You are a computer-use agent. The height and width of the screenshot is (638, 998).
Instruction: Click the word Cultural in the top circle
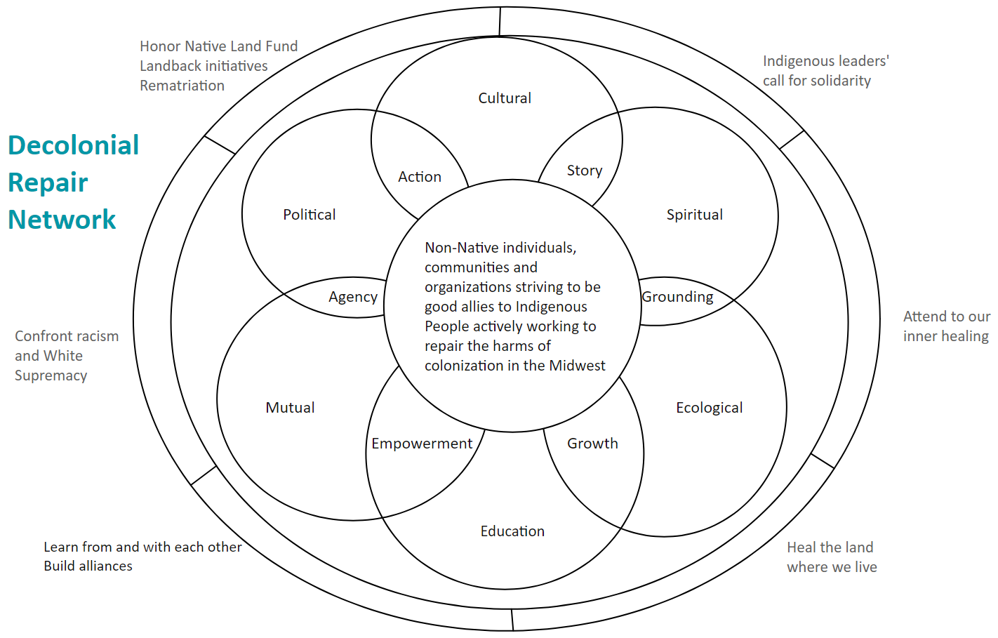[505, 98]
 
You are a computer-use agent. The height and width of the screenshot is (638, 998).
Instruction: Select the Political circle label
[309, 215]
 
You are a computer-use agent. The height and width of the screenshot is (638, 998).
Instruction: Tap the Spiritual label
[694, 215]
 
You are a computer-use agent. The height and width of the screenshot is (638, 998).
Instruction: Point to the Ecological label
[709, 408]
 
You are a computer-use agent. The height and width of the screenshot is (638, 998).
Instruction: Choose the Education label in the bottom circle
[512, 531]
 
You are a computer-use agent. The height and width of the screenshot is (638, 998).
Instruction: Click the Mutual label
[290, 408]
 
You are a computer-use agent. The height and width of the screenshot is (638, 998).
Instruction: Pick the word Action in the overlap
[420, 177]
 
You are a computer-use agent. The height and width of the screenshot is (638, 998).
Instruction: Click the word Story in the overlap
[585, 171]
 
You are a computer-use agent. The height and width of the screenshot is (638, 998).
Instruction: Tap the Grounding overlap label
[677, 297]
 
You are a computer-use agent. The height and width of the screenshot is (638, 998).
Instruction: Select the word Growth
[592, 444]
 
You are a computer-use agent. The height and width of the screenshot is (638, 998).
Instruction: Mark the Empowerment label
[422, 444]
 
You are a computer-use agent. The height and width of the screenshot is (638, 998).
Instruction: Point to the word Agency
[353, 297]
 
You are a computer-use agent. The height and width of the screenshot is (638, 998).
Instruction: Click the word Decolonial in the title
[74, 145]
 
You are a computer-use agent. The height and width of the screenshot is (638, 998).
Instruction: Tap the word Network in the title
[62, 220]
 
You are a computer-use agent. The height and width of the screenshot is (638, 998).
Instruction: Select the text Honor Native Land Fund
[218, 46]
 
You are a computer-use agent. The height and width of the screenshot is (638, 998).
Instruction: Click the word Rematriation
[182, 86]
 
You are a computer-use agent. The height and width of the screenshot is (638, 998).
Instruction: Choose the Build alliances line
[88, 566]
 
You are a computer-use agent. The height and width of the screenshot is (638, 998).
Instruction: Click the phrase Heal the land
[830, 547]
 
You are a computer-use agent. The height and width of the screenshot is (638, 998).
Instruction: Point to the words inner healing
[945, 336]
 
